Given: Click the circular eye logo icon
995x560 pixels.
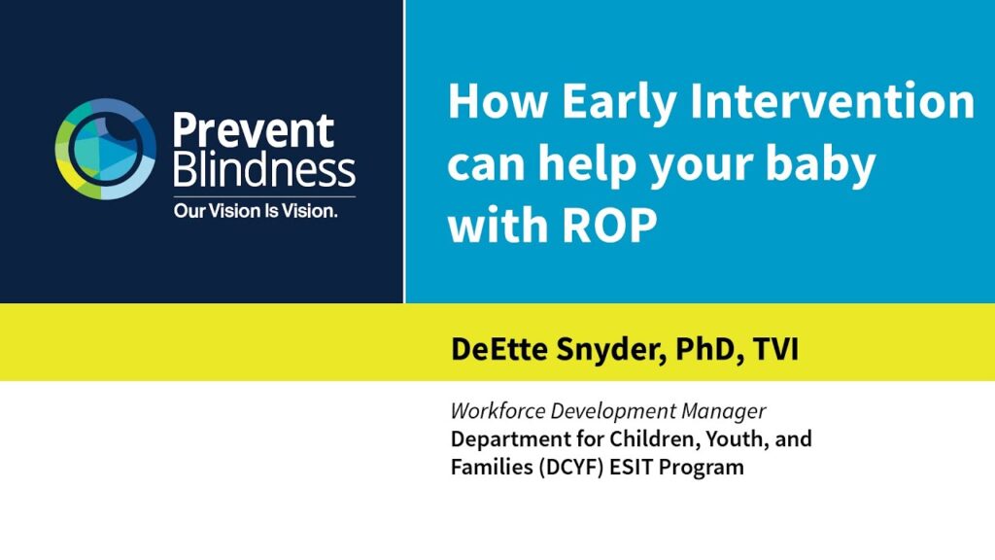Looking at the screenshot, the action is [105, 149].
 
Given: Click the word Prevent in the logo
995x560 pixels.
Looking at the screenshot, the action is [254, 131].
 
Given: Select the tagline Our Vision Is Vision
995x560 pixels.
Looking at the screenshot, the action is [256, 211].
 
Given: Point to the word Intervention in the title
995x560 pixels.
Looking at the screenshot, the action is [832, 101].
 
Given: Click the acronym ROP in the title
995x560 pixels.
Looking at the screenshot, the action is [609, 226].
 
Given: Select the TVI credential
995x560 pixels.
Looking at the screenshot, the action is [776, 349].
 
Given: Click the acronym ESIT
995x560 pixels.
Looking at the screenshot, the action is [632, 467].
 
